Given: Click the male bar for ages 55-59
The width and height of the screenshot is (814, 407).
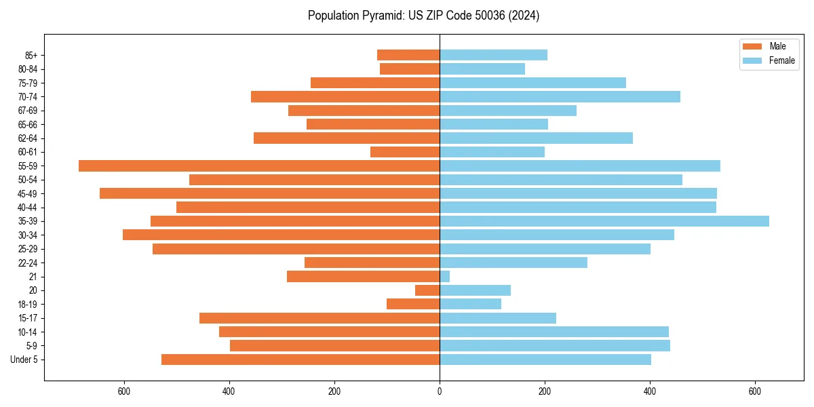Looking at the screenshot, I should tap(259, 166).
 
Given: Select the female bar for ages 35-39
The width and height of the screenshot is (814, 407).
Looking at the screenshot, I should tap(604, 221).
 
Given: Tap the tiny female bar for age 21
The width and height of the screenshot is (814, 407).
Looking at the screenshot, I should tap(444, 276).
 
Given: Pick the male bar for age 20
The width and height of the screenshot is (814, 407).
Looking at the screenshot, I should tap(427, 290).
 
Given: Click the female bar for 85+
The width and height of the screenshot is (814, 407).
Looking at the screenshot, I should tap(493, 55).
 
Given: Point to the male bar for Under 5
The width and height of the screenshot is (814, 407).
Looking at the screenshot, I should tap(301, 360).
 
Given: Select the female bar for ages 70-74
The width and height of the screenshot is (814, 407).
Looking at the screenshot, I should tap(560, 96).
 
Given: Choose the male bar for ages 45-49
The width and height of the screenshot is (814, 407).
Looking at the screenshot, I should tap(269, 193).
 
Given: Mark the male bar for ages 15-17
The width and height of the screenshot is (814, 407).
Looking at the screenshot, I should tap(319, 318).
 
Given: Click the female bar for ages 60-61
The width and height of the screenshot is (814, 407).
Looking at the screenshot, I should tap(492, 152).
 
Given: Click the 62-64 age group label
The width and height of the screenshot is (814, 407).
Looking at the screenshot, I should tap(28, 138).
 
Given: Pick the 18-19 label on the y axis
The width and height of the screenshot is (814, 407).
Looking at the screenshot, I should tap(28, 305).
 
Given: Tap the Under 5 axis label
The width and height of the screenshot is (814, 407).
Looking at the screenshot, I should tap(24, 360).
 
